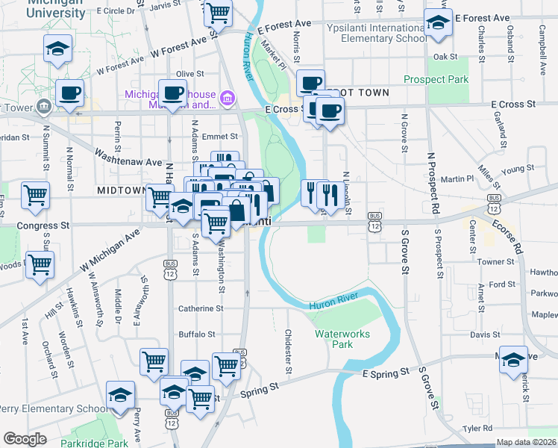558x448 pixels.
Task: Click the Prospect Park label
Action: pyautogui.click(x=436, y=79)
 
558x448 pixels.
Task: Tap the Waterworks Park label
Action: pyautogui.click(x=342, y=339)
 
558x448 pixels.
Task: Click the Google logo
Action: pyautogui.click(x=25, y=439)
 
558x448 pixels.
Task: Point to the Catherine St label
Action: pyautogui.click(x=200, y=308)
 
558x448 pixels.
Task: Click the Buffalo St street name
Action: pyautogui.click(x=196, y=335)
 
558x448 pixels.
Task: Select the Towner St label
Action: pyautogui.click(x=497, y=262)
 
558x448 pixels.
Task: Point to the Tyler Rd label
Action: pyautogui.click(x=477, y=429)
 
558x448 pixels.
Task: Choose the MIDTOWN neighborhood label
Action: pyautogui.click(x=120, y=191)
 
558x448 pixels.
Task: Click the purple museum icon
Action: pyautogui.click(x=227, y=96)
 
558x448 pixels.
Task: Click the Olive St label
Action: pyautogui.click(x=190, y=74)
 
